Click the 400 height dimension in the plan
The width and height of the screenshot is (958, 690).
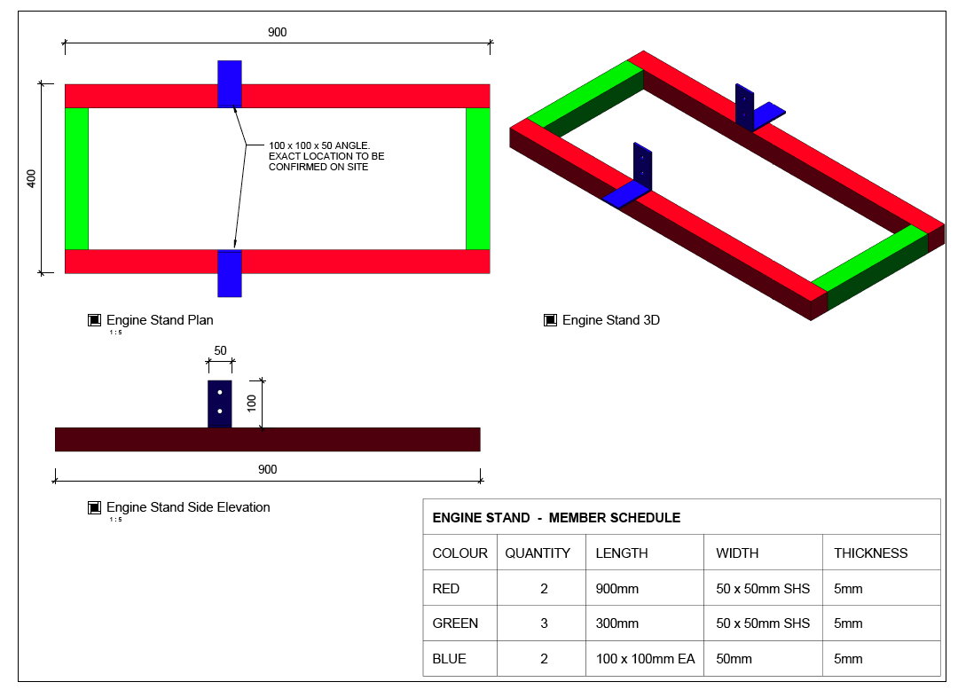click(x=32, y=178)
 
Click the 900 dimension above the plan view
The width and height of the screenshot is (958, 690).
click(x=278, y=33)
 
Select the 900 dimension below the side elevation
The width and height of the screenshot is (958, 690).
click(x=267, y=469)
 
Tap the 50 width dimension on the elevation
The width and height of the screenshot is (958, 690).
click(x=220, y=350)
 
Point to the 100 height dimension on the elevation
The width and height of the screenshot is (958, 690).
click(x=252, y=404)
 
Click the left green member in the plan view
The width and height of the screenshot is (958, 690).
click(x=77, y=178)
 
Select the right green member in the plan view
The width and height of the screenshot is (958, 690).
click(x=477, y=178)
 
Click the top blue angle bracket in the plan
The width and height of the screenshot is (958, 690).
click(x=230, y=84)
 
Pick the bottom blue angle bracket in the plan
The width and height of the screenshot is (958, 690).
click(x=230, y=273)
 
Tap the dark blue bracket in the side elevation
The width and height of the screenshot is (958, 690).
click(x=220, y=404)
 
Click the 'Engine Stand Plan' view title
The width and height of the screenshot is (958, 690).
click(x=160, y=320)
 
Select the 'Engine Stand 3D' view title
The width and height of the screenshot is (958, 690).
click(x=610, y=320)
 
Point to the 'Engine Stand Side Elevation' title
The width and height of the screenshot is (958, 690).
click(x=188, y=507)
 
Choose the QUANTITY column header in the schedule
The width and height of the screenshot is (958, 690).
click(x=538, y=553)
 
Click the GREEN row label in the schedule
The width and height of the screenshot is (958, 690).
click(x=455, y=623)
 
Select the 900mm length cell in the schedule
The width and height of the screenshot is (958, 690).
click(x=617, y=588)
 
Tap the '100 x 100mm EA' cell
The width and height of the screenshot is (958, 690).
click(x=645, y=659)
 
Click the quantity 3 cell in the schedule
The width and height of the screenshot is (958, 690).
click(x=544, y=623)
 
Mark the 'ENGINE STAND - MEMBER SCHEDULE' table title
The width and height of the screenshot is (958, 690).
click(x=556, y=518)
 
